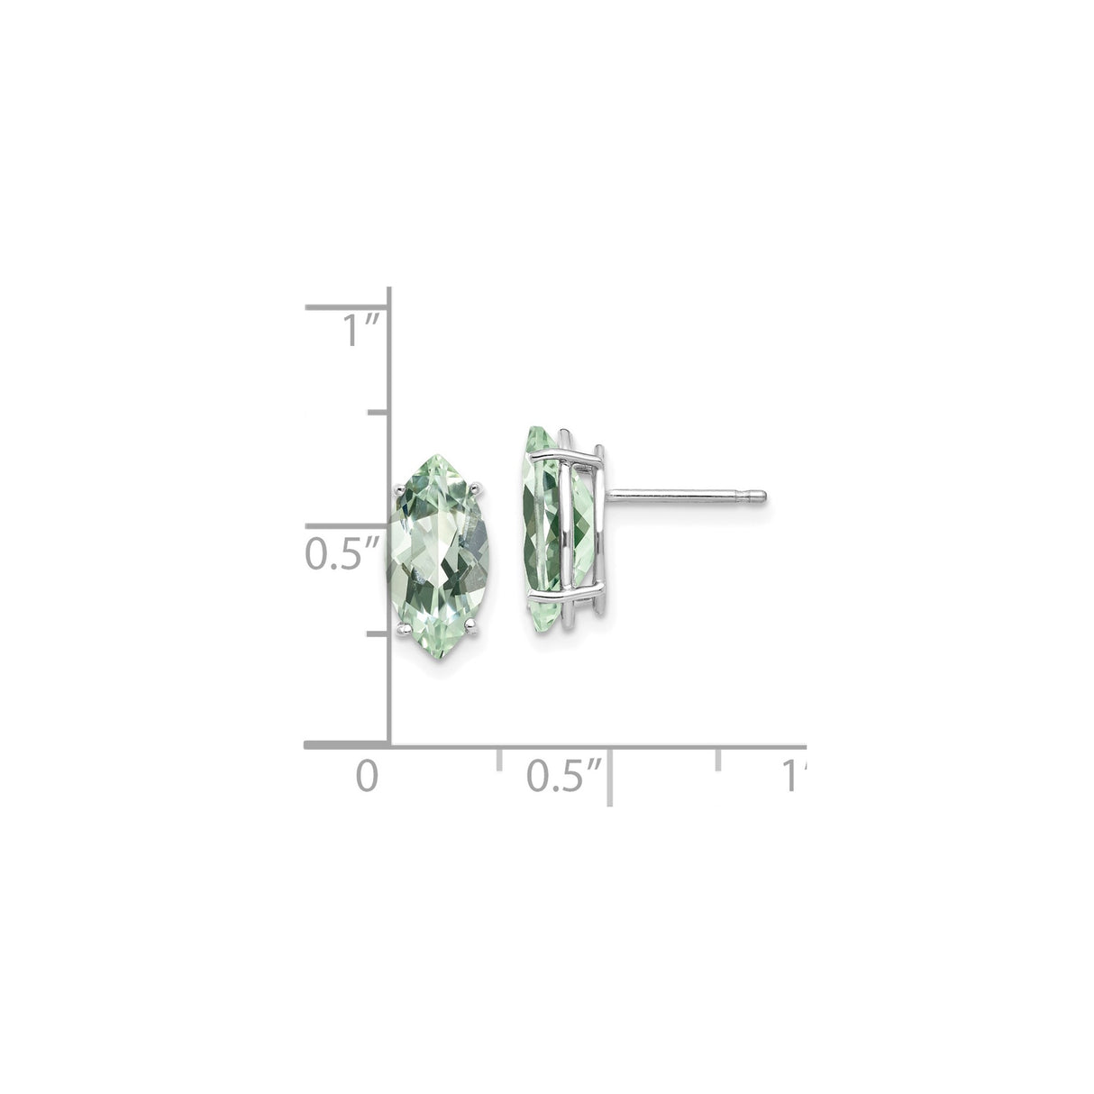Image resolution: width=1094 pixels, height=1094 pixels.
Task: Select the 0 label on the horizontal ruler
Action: pyautogui.click(x=365, y=775)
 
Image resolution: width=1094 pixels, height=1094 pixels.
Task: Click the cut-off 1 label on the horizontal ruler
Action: pyautogui.click(x=793, y=775)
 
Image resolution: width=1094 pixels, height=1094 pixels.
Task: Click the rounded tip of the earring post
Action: pyautogui.click(x=761, y=494)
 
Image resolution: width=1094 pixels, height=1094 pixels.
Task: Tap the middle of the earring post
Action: pyautogui.click(x=685, y=494)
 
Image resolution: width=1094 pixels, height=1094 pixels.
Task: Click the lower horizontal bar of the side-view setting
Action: pyautogui.click(x=568, y=597)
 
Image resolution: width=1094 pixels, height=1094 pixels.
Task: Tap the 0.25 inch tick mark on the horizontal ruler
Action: pyautogui.click(x=498, y=757)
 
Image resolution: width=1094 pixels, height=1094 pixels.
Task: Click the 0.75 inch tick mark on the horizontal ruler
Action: pyautogui.click(x=719, y=757)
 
